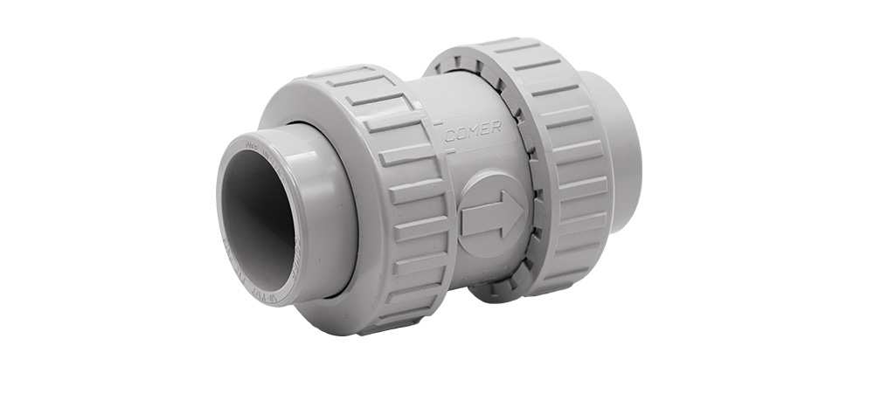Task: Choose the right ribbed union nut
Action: coord(559,166)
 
